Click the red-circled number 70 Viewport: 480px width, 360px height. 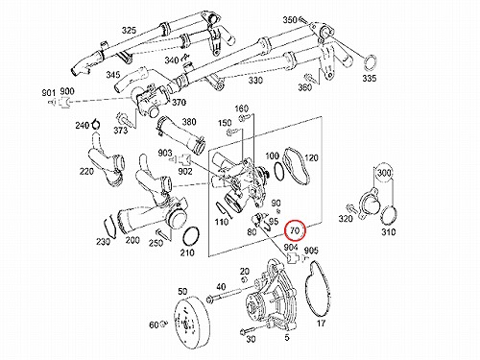coord(296,230)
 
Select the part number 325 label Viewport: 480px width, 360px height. coord(129,31)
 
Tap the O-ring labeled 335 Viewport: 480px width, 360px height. coord(371,62)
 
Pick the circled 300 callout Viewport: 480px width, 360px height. coord(384,173)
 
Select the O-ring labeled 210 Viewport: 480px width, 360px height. coord(191,237)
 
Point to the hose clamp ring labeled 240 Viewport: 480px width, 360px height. coord(95,124)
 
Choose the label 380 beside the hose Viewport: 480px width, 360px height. coord(189,122)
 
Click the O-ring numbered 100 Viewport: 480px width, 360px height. coord(278,171)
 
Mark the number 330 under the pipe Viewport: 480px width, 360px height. coord(255,80)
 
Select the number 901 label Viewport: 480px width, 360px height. coord(49,93)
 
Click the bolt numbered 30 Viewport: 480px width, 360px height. coord(249,329)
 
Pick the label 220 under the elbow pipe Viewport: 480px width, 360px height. coord(86,172)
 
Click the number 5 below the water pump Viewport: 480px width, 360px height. coord(287,337)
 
